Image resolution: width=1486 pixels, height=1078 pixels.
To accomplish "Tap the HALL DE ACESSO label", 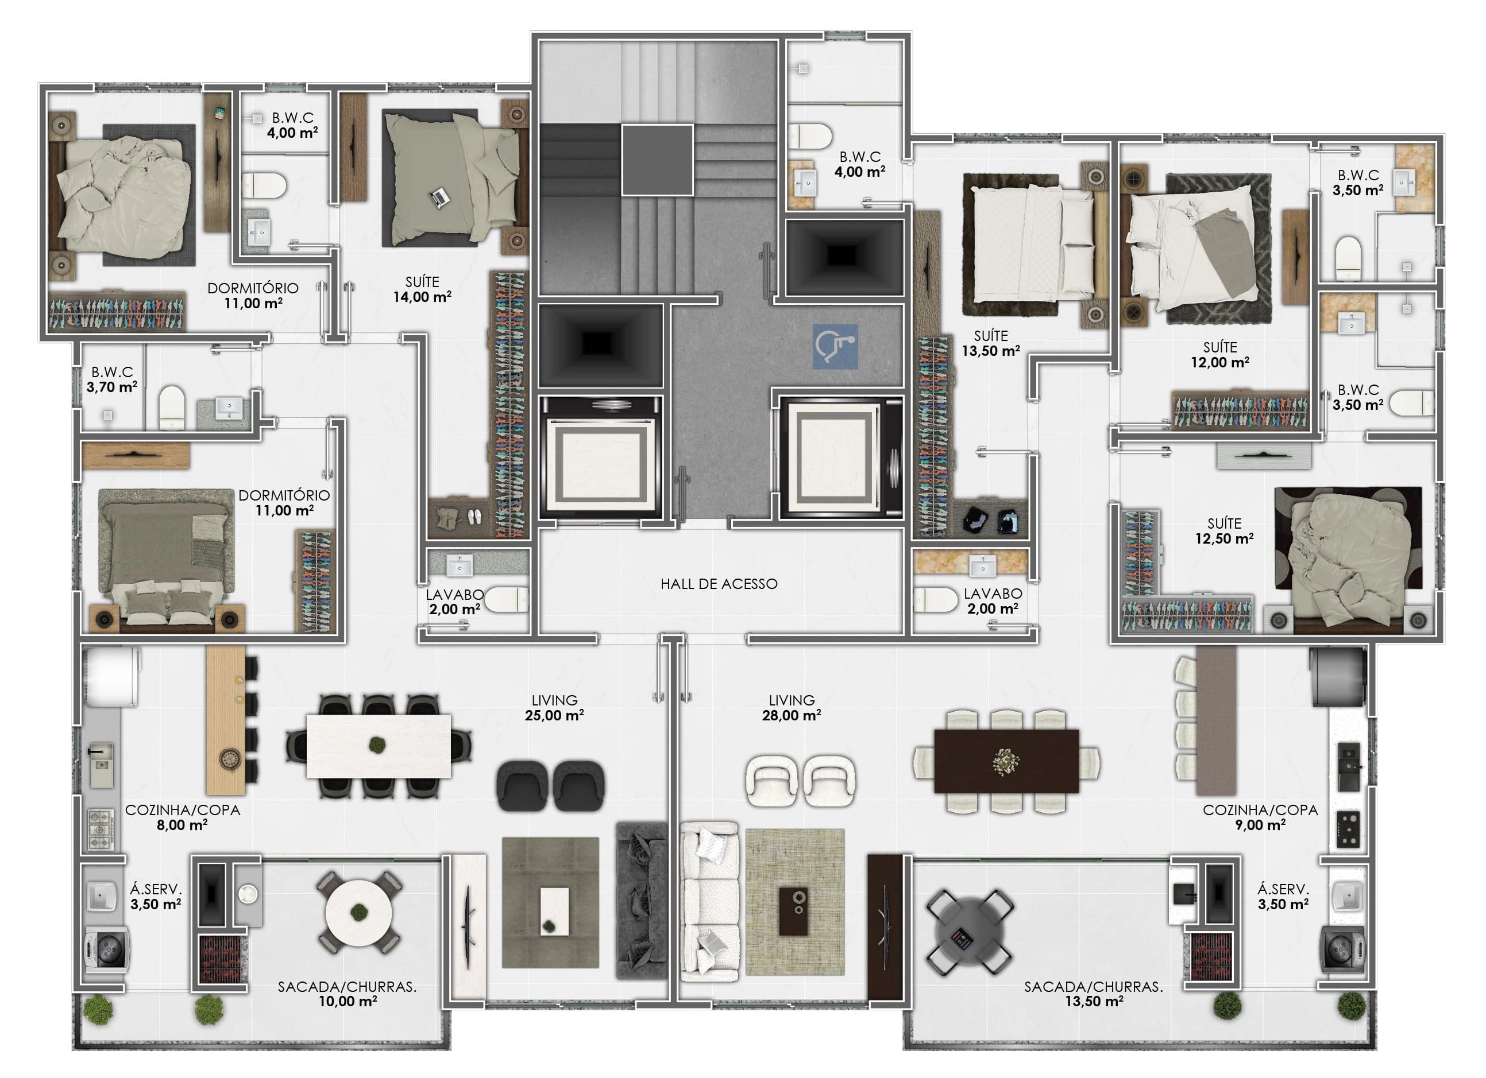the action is [719, 584].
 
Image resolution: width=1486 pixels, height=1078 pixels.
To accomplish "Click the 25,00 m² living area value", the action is [554, 715].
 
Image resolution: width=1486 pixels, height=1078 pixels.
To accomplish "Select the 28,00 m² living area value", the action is [792, 715].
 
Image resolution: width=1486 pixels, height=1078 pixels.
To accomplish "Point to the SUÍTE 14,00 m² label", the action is [422, 289].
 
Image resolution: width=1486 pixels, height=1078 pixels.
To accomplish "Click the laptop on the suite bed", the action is [439, 197].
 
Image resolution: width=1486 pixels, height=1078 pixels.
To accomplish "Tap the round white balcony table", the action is [358, 912].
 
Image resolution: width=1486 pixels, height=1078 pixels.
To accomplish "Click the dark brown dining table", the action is [1006, 761].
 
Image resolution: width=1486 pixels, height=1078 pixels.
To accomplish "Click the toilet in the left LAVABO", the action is [506, 599].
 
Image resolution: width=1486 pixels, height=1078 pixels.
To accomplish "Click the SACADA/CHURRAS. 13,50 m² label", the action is [1093, 994].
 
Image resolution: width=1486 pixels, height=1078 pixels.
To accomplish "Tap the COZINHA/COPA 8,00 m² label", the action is [182, 817].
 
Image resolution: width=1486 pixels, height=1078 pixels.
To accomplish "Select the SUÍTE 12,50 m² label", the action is [1224, 531].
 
